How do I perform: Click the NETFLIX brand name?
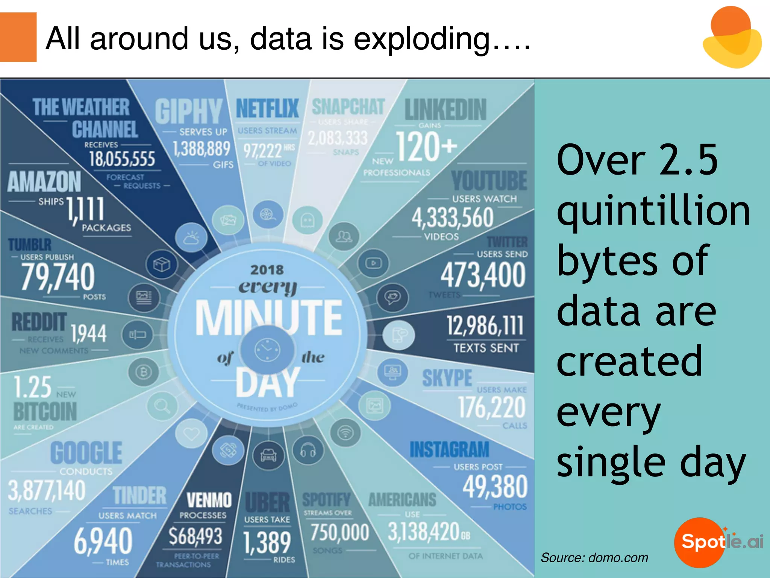tap(267, 108)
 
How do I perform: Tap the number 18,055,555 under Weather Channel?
tap(122, 159)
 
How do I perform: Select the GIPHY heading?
tap(189, 111)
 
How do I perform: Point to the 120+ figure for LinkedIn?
tap(426, 147)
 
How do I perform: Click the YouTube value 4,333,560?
tap(452, 218)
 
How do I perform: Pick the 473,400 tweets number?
tap(483, 275)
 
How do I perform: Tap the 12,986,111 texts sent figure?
tap(485, 326)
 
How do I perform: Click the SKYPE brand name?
tap(447, 378)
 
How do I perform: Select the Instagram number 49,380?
tap(495, 487)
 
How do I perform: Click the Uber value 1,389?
tap(267, 542)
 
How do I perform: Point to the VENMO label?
tap(209, 500)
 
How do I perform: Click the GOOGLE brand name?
tap(86, 453)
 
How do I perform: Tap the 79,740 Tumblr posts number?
tap(58, 277)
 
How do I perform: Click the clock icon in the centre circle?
tap(267, 350)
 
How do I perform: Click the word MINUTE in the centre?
tap(268, 318)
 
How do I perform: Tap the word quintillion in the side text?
tap(653, 212)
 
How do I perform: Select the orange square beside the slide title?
tap(18, 37)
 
